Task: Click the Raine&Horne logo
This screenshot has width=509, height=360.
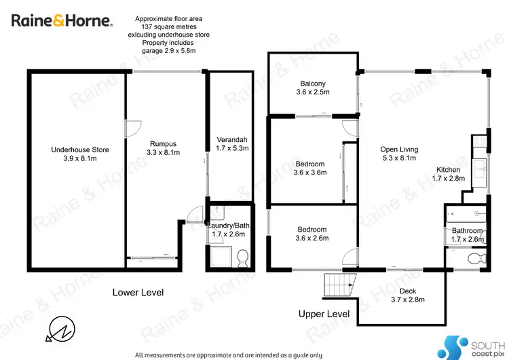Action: [61, 20]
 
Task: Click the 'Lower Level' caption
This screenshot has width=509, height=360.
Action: [138, 293]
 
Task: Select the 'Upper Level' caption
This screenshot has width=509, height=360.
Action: [324, 314]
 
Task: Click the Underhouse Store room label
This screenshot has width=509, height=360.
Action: [80, 154]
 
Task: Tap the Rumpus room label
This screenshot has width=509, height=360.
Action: [163, 148]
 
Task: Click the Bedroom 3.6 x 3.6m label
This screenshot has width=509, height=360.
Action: [311, 168]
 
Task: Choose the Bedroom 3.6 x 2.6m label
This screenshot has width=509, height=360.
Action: [311, 234]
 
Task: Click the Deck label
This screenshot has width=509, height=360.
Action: [407, 295]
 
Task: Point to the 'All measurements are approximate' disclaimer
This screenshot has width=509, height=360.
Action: [229, 355]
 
